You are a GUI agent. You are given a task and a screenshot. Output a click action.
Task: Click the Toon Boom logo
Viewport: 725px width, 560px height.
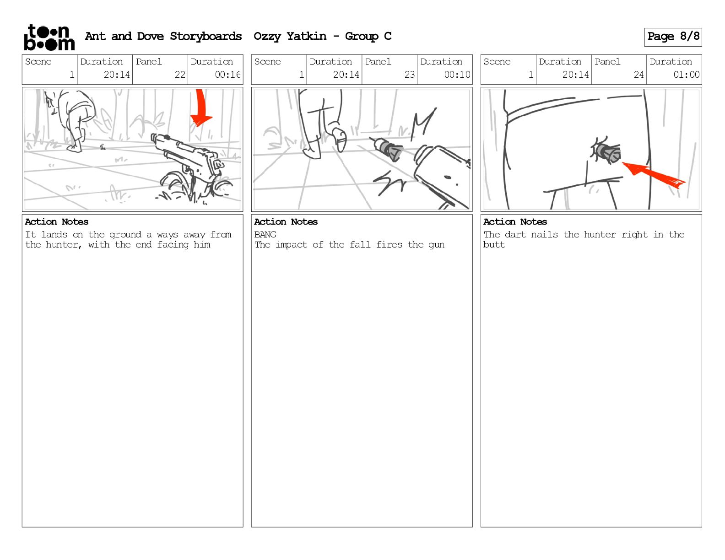(x=49, y=38)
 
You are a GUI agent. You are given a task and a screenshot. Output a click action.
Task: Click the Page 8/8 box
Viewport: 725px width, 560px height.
(x=673, y=37)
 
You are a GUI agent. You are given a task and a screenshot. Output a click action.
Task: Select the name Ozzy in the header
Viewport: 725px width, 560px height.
(x=266, y=36)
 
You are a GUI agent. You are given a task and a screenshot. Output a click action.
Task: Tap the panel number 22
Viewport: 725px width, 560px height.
(x=180, y=75)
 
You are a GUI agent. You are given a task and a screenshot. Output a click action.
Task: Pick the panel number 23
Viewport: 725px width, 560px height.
(x=409, y=75)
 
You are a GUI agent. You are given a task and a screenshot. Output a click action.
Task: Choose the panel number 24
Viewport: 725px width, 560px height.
(x=638, y=75)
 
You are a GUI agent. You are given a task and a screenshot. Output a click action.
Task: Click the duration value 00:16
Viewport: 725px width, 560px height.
(x=227, y=75)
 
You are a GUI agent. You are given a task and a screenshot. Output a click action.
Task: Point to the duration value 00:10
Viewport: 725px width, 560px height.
(x=457, y=75)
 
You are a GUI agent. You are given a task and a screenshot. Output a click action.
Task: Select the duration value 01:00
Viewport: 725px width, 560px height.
(x=686, y=75)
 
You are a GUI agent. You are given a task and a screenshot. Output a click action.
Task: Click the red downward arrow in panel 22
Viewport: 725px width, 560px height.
(x=201, y=108)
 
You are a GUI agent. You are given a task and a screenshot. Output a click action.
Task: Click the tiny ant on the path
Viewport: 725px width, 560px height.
(x=103, y=147)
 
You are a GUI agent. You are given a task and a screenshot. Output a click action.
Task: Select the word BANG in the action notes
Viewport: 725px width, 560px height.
(x=265, y=234)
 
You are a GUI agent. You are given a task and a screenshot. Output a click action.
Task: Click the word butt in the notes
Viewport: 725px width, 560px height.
(x=494, y=245)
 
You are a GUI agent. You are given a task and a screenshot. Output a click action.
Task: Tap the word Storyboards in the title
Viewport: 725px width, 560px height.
(x=206, y=36)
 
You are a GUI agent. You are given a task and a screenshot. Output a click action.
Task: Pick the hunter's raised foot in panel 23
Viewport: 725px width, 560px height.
(x=339, y=140)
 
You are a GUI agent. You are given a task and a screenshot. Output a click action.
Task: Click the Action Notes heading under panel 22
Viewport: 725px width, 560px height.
(x=56, y=222)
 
